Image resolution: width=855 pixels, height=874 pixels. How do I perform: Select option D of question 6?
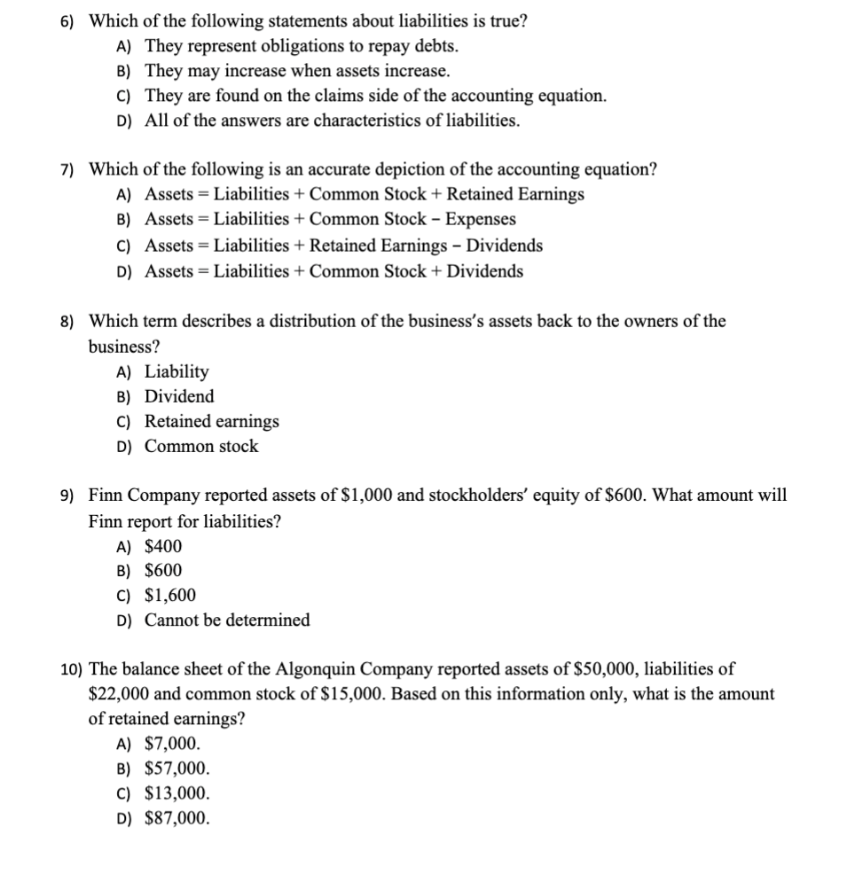(x=332, y=121)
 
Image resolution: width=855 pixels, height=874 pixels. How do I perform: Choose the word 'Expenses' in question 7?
(x=480, y=219)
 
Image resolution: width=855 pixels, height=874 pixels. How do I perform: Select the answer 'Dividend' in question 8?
(x=179, y=396)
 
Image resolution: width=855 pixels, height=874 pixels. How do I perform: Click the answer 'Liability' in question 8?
(x=176, y=371)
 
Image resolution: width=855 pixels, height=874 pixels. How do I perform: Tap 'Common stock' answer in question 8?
(x=201, y=446)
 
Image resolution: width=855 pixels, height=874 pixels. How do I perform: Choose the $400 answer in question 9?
(x=163, y=546)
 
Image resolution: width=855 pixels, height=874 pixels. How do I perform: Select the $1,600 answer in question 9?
(x=170, y=596)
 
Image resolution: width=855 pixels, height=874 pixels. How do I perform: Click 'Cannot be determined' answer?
(x=227, y=620)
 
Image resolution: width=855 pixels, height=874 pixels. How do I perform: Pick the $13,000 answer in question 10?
(x=177, y=793)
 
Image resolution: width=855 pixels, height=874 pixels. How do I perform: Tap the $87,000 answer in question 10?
(x=177, y=818)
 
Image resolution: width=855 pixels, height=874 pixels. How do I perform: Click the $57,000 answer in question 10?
(x=177, y=769)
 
